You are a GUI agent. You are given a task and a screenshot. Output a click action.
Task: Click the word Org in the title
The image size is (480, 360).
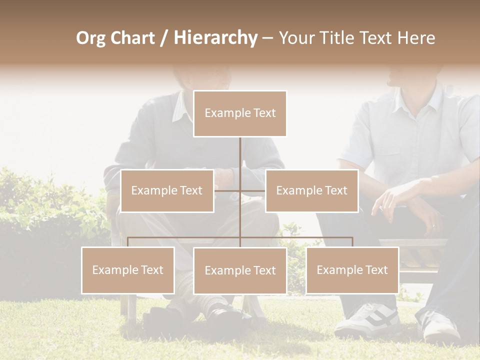pos(90,38)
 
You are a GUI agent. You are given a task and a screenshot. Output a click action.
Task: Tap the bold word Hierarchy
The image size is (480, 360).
pos(215,38)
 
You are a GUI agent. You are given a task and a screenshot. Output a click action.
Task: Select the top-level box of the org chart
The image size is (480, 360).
pos(240,113)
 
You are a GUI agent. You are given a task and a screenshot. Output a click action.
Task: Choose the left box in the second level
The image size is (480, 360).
pos(167,190)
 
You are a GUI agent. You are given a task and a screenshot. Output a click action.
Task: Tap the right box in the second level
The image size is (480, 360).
pos(311,190)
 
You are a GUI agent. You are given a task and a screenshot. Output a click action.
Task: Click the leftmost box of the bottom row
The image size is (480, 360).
pos(128,270)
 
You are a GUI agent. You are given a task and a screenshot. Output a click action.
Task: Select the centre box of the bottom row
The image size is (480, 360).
pos(240,270)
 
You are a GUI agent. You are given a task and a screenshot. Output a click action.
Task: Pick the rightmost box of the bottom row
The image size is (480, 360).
pos(352,270)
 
